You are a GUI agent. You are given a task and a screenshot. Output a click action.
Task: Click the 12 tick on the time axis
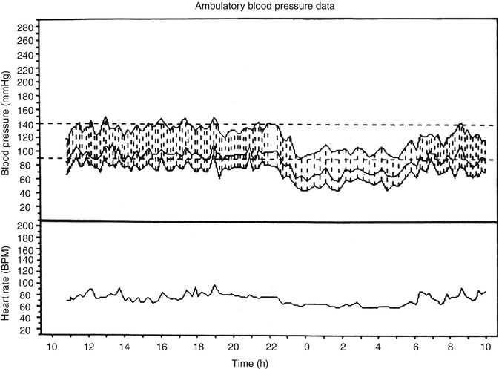click(x=88, y=346)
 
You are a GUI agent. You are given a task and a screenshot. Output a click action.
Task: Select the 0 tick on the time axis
click(x=305, y=346)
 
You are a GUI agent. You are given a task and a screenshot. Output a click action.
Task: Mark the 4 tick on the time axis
click(x=378, y=346)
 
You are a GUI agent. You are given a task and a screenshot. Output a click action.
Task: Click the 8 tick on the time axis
click(x=450, y=346)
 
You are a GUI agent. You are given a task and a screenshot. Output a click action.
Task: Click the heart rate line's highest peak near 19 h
click(x=214, y=284)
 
